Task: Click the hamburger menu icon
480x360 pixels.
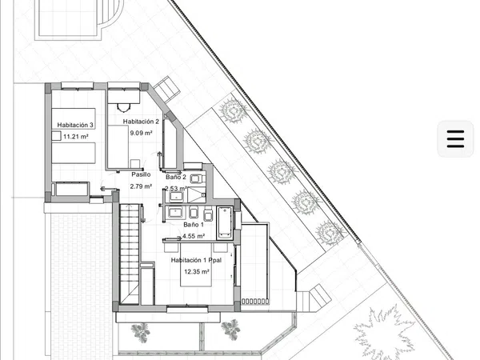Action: [455, 139]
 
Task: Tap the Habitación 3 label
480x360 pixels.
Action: [75, 125]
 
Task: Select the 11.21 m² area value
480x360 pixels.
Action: [76, 137]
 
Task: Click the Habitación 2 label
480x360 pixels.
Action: [141, 122]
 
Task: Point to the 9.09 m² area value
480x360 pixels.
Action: [141, 133]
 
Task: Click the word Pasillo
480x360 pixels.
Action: [141, 174]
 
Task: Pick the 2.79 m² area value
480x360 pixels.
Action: [141, 186]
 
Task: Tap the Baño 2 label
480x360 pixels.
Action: [176, 177]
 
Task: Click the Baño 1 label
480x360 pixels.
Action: [194, 224]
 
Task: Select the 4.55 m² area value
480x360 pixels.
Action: [194, 236]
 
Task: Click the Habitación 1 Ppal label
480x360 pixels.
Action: [196, 260]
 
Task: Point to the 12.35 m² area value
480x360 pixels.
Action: [197, 271]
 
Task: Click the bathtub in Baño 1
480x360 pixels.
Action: [225, 223]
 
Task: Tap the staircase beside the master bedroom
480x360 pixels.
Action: [130, 254]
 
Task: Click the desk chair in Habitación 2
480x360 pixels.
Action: [124, 108]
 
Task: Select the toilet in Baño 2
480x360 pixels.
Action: [196, 178]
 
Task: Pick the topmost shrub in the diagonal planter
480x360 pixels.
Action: [233, 110]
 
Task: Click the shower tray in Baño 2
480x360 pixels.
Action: [196, 195]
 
